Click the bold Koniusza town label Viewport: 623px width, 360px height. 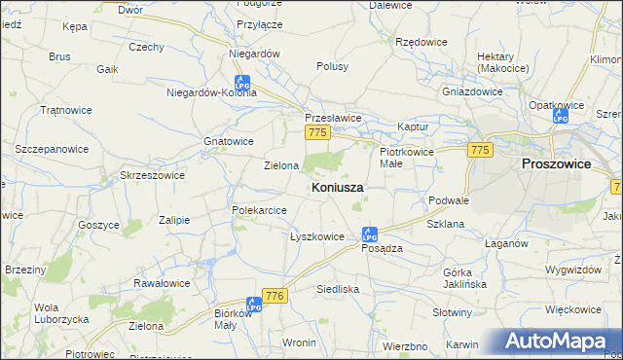pyautogui.click(x=338, y=187)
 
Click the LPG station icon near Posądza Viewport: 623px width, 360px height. pyautogui.click(x=369, y=234)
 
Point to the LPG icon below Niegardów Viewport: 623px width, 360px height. pyautogui.click(x=241, y=85)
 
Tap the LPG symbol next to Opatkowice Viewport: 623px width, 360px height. pyautogui.click(x=560, y=117)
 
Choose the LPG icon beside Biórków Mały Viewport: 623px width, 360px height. pyautogui.click(x=254, y=305)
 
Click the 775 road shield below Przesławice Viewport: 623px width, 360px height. pyautogui.click(x=316, y=131)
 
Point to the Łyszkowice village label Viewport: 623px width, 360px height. pyautogui.click(x=317, y=236)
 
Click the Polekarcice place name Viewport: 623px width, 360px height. pyautogui.click(x=258, y=210)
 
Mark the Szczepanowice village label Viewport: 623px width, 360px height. pyautogui.click(x=52, y=149)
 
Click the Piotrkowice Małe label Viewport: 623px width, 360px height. pyautogui.click(x=404, y=159)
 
